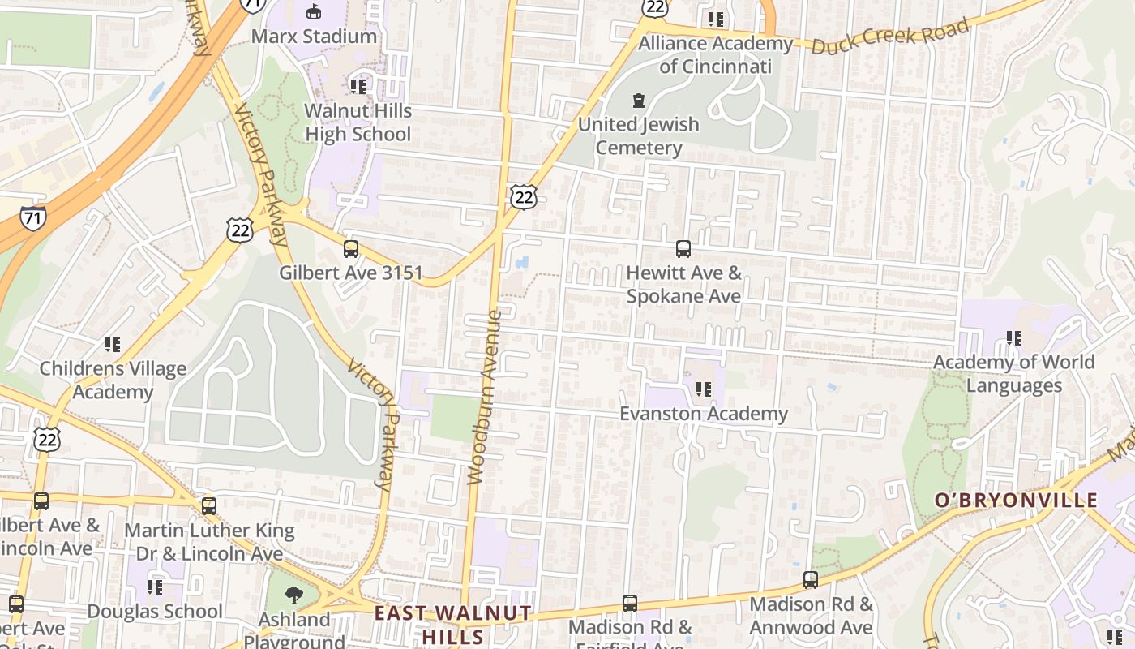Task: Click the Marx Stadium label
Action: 314,37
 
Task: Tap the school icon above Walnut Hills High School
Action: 358,85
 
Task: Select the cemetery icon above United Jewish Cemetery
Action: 639,101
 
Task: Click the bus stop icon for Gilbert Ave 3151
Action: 351,248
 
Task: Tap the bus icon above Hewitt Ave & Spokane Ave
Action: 683,248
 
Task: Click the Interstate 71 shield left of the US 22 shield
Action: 33,217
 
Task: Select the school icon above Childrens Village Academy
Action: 113,345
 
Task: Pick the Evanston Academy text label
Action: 704,414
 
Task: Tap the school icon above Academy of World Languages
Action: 1013,337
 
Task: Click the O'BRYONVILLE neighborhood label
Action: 1016,501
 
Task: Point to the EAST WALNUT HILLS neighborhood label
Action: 452,624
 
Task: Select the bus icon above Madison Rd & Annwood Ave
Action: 810,579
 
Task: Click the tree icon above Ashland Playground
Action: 293,595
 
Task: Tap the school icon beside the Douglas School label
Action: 155,587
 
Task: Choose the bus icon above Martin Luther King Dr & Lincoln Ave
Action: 209,506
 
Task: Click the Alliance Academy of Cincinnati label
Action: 715,54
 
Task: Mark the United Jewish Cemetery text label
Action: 638,136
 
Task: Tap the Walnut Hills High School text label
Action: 358,122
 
